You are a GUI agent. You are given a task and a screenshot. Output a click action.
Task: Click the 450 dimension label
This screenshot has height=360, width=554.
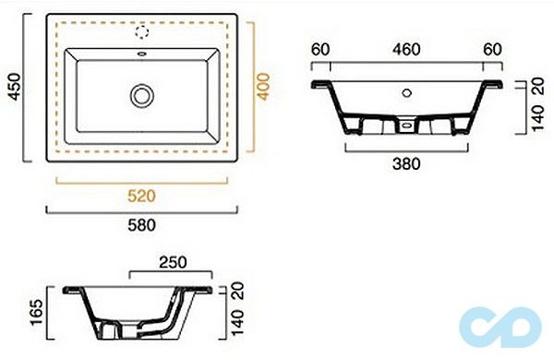[x=15, y=87]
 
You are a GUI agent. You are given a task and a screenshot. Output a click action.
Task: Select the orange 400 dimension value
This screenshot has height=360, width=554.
[x=263, y=87]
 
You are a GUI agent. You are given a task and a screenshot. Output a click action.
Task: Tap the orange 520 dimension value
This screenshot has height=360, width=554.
[x=141, y=196]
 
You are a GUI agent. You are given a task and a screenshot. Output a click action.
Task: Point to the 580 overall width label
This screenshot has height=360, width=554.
[x=141, y=225]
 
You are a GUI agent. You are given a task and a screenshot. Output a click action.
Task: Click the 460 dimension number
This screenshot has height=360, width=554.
[x=406, y=50]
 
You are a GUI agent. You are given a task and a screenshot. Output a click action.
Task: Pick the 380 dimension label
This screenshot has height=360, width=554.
[x=406, y=164]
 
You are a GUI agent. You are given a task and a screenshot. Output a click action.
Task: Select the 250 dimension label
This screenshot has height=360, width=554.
[x=173, y=262]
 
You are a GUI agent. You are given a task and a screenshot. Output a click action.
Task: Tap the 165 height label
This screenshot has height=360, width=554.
[x=36, y=313]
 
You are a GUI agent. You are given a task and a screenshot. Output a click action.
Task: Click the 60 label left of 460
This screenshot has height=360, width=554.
[x=320, y=50]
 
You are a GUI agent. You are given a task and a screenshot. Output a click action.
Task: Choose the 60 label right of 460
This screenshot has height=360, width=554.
[x=492, y=50]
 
